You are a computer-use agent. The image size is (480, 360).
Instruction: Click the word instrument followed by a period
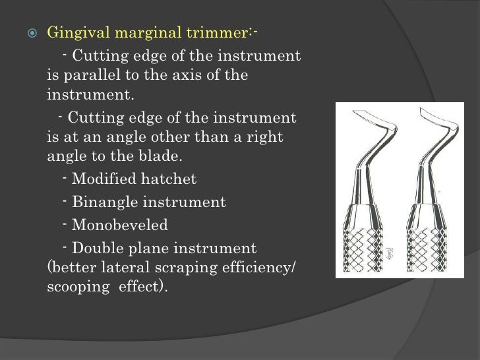[90, 96]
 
